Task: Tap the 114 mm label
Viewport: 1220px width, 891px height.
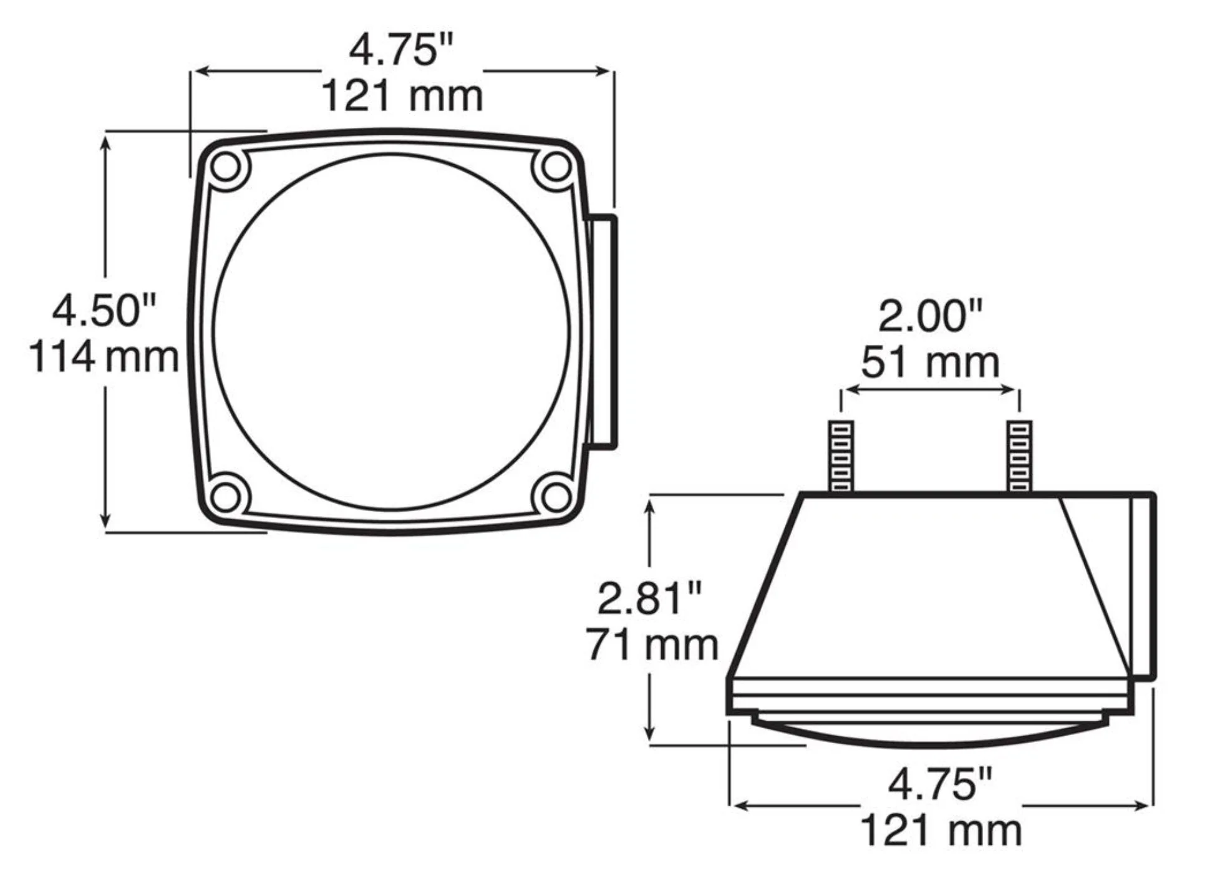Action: pos(104,357)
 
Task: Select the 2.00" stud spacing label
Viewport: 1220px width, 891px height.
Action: pos(930,316)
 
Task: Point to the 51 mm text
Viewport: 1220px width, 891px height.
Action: pos(930,362)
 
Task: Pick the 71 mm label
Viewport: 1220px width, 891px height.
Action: pos(652,644)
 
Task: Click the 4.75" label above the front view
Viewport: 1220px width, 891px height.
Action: pos(402,49)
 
